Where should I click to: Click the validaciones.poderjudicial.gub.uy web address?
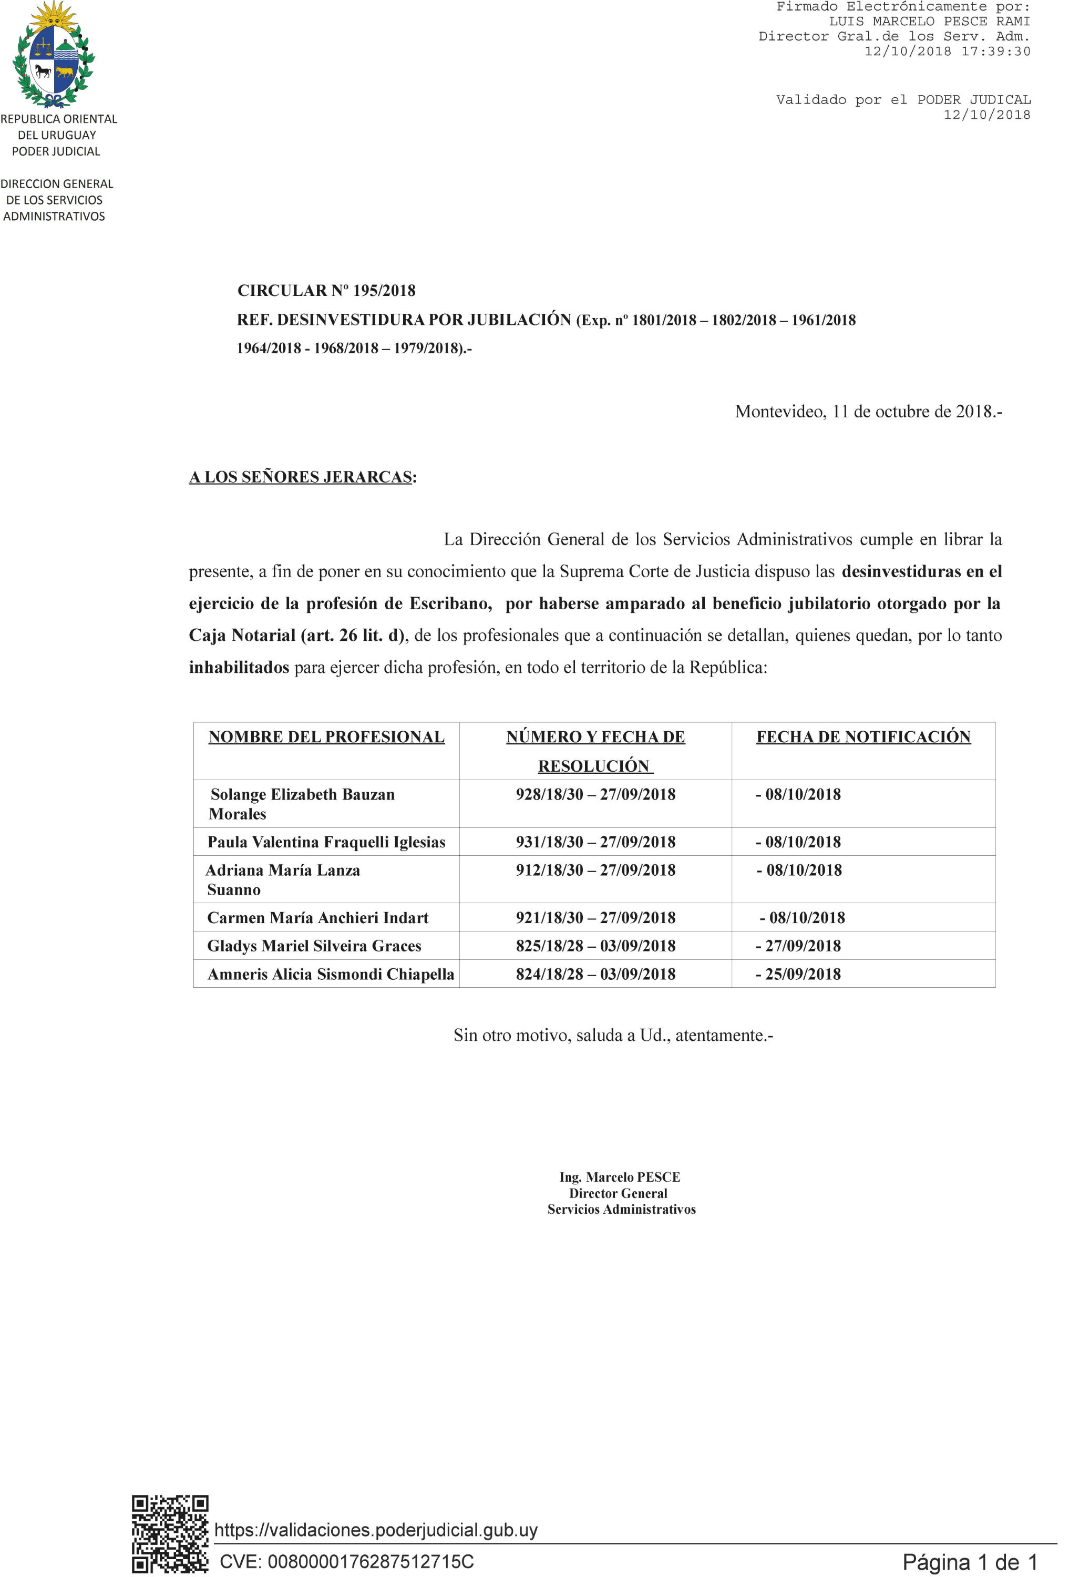point(376,1529)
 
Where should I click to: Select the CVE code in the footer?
point(346,1561)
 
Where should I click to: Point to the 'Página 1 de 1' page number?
point(969,1562)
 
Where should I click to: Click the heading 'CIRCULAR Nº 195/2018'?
point(326,290)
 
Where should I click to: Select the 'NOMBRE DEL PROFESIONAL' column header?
point(326,737)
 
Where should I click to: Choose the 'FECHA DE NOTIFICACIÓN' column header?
point(863,737)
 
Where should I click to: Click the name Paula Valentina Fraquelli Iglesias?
point(326,842)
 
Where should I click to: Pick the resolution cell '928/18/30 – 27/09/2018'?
point(595,794)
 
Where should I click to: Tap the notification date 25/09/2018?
point(799,974)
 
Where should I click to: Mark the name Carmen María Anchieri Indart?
point(318,918)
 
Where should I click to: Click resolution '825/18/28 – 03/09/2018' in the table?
point(595,946)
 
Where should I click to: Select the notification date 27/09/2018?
point(799,946)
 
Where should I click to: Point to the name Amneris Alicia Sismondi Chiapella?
point(331,974)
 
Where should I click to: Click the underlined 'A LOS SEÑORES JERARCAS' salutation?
point(301,477)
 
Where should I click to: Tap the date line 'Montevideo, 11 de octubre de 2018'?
point(867,411)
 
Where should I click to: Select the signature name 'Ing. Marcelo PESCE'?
point(620,1177)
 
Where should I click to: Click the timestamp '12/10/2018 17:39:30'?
point(947,51)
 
